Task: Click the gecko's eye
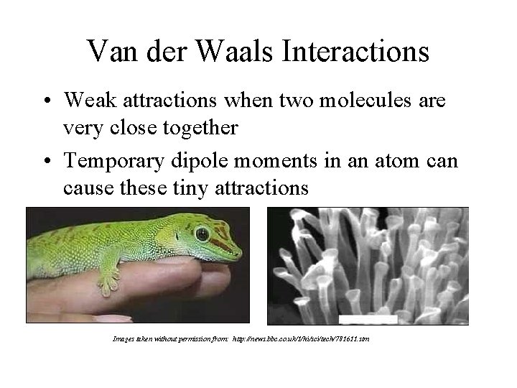[x=202, y=234]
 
